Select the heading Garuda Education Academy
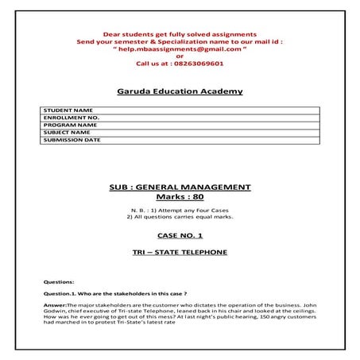180,91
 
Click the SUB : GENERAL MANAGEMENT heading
180,187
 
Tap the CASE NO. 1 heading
180,236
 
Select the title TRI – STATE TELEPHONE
180,252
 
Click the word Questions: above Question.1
60,282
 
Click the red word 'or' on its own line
180,56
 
